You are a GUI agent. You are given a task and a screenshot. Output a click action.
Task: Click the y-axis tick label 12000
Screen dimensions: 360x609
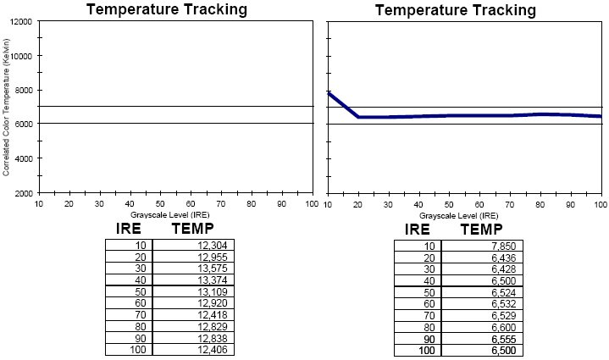(22, 20)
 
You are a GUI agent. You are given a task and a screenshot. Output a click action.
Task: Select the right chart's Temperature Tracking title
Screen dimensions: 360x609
(456, 10)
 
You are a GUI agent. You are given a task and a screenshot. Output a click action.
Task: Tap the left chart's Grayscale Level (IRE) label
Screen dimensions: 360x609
(175, 215)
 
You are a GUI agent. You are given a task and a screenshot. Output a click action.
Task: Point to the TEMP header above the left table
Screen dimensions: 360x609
(192, 229)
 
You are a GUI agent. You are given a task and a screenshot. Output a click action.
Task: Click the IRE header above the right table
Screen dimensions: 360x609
(418, 229)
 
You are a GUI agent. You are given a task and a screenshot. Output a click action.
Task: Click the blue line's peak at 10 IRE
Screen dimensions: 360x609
(329, 94)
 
